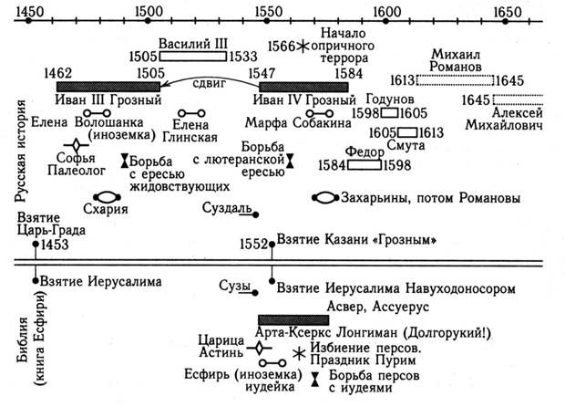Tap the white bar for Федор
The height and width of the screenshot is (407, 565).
coord(364,165)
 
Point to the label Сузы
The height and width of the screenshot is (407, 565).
coord(234,287)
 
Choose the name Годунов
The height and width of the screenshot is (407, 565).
coord(391,97)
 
